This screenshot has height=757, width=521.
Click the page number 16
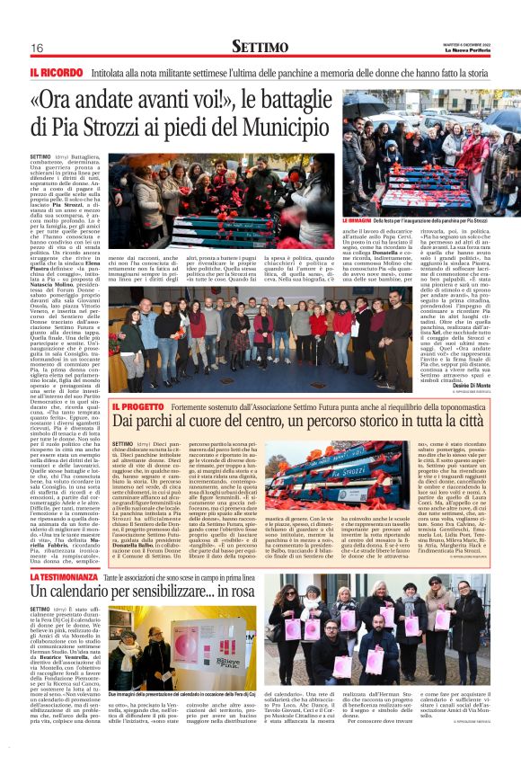(37, 48)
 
